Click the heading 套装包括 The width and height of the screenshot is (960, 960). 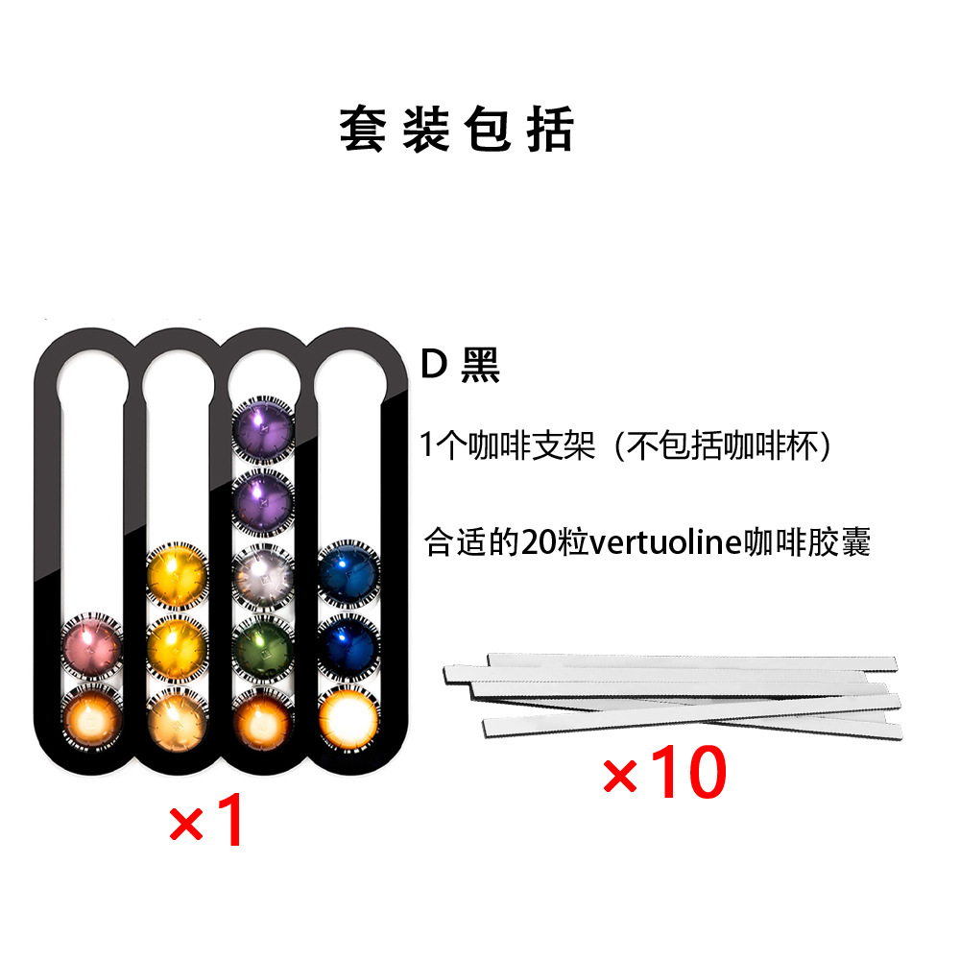(456, 130)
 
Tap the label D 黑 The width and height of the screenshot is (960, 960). (461, 366)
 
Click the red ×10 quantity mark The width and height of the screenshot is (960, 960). (663, 776)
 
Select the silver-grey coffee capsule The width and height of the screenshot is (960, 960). (263, 573)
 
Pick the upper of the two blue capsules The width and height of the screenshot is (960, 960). (348, 573)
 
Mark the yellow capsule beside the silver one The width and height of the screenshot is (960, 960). (178, 573)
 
